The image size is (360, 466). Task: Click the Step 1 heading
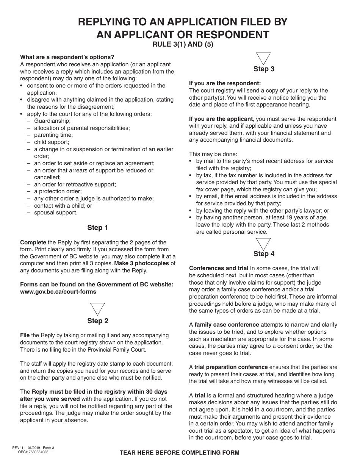[97, 228]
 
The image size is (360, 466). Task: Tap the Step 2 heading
[97, 321]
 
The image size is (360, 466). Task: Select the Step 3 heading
[264, 69]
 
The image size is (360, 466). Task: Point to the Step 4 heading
[264, 254]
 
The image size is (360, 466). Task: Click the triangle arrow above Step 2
[97, 308]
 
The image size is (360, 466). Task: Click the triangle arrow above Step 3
[264, 58]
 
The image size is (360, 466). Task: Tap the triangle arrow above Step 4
[264, 243]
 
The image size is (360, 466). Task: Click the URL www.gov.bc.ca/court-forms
[58, 292]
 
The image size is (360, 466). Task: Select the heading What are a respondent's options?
[67, 57]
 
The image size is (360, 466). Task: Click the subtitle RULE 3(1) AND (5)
[183, 44]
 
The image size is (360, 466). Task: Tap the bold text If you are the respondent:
[225, 83]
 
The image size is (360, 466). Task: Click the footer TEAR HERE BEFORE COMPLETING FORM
[180, 453]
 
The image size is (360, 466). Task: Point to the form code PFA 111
[19, 447]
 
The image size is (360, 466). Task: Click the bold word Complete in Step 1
[33, 242]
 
